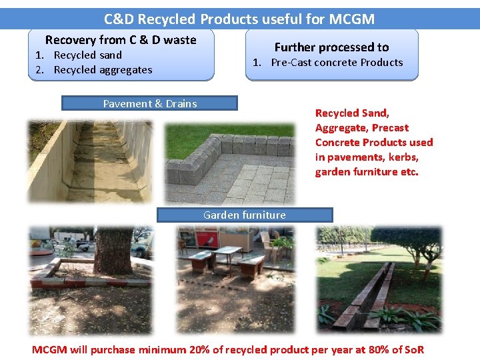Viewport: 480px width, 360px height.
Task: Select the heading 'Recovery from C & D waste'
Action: tap(121, 40)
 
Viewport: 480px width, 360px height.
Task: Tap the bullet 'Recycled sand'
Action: tap(87, 55)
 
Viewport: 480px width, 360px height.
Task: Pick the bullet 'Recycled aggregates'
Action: tap(103, 70)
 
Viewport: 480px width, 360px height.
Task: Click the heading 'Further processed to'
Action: tap(331, 47)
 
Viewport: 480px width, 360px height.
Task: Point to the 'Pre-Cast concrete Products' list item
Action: tap(337, 63)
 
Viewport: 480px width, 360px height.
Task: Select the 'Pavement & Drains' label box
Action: tap(149, 103)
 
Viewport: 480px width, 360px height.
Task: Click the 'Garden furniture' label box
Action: tap(244, 215)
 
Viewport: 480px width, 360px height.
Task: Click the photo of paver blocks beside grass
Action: tap(229, 163)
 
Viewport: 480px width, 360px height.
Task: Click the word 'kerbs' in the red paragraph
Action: tap(405, 157)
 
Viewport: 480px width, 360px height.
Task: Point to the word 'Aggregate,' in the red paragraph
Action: tap(341, 128)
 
